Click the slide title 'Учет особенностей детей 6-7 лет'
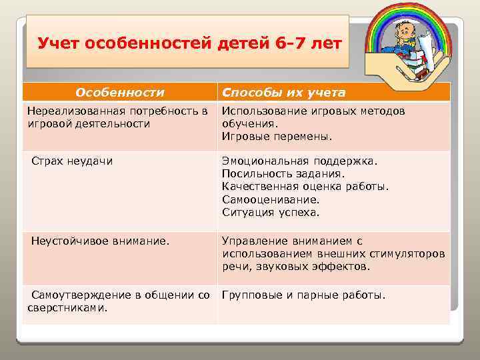(189, 44)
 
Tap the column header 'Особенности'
(119, 91)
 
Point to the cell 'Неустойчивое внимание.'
(100, 241)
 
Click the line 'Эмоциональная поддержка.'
(299, 161)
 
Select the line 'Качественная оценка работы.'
(305, 187)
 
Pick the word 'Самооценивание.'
(271, 199)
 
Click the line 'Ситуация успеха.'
(271, 213)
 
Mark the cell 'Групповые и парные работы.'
(303, 295)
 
